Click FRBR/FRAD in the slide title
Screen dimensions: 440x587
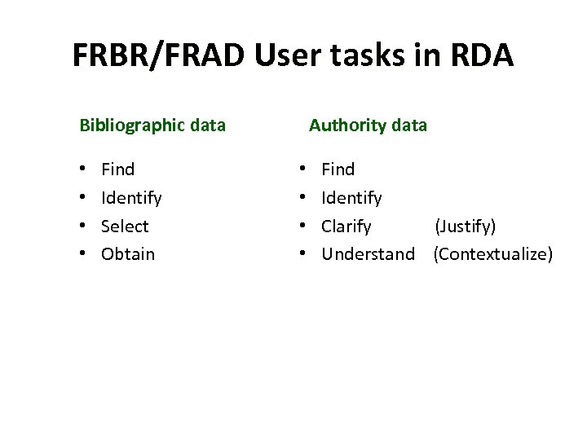click(160, 55)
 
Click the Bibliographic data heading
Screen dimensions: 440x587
click(152, 125)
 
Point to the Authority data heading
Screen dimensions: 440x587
click(368, 125)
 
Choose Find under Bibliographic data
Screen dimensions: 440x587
click(118, 169)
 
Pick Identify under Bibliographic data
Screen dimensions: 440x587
click(131, 198)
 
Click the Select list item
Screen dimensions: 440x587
click(125, 227)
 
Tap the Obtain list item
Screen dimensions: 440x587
click(128, 254)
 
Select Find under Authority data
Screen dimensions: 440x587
click(338, 169)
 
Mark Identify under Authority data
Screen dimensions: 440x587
click(351, 198)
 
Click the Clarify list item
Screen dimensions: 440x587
click(346, 227)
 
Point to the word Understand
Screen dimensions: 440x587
click(368, 254)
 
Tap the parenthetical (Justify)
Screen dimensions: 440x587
click(465, 227)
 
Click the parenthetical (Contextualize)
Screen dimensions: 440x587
click(493, 254)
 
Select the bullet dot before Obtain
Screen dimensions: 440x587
click(83, 254)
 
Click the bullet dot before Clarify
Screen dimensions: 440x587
click(303, 227)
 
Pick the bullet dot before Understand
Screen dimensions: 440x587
click(303, 254)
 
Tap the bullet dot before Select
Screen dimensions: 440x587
click(83, 227)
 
